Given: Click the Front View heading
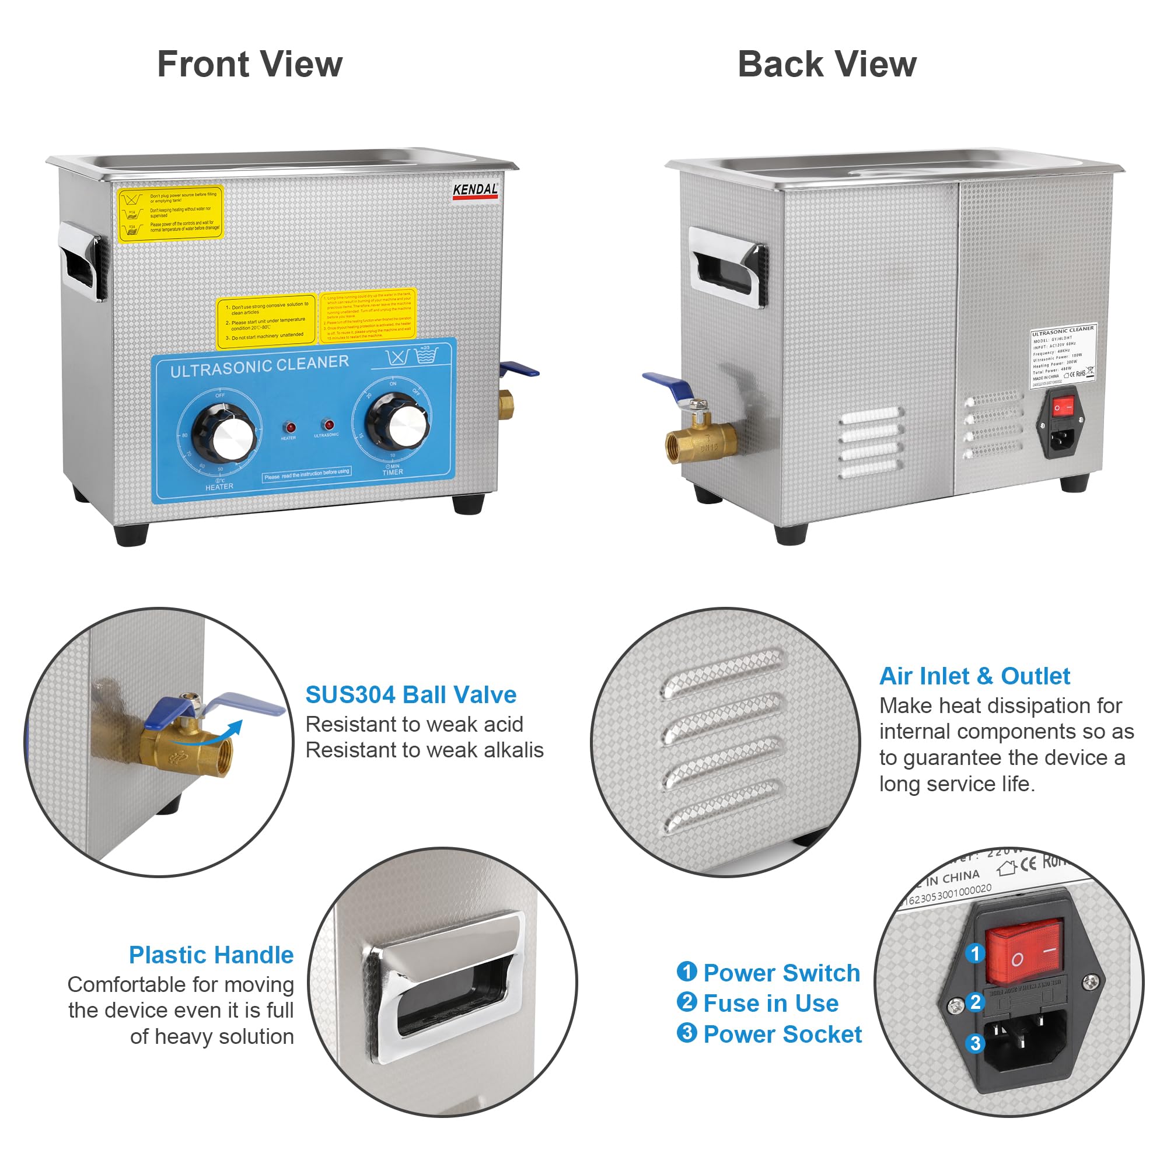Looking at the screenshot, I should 250,65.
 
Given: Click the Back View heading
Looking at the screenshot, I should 827,65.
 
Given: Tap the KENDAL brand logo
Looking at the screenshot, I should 476,190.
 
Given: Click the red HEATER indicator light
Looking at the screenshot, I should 291,428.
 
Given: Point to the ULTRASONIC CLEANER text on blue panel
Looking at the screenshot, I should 259,365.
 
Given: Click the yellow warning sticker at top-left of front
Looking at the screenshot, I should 170,213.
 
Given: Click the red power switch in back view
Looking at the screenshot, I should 1063,407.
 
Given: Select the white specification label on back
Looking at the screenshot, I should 1063,357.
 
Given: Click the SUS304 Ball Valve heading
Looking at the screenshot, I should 411,694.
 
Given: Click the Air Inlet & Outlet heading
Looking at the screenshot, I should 974,676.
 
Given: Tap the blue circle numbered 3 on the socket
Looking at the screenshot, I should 976,1043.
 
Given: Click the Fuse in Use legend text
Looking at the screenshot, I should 770,1003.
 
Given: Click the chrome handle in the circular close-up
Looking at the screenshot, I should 444,988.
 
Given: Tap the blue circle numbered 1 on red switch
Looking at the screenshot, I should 975,953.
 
